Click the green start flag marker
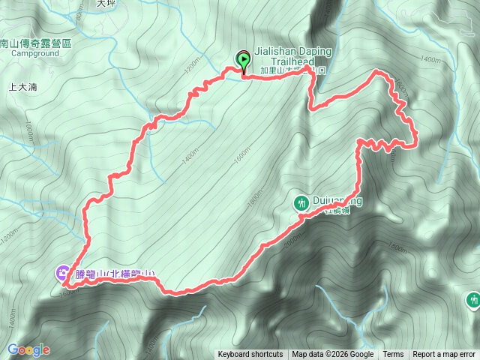244,59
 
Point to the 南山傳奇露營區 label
36,44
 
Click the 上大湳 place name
23,87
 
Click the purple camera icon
62,273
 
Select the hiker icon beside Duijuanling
301,202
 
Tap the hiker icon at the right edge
472,300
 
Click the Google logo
28,349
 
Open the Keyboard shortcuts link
250,355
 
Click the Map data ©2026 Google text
333,355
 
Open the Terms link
393,355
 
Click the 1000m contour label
28,132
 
